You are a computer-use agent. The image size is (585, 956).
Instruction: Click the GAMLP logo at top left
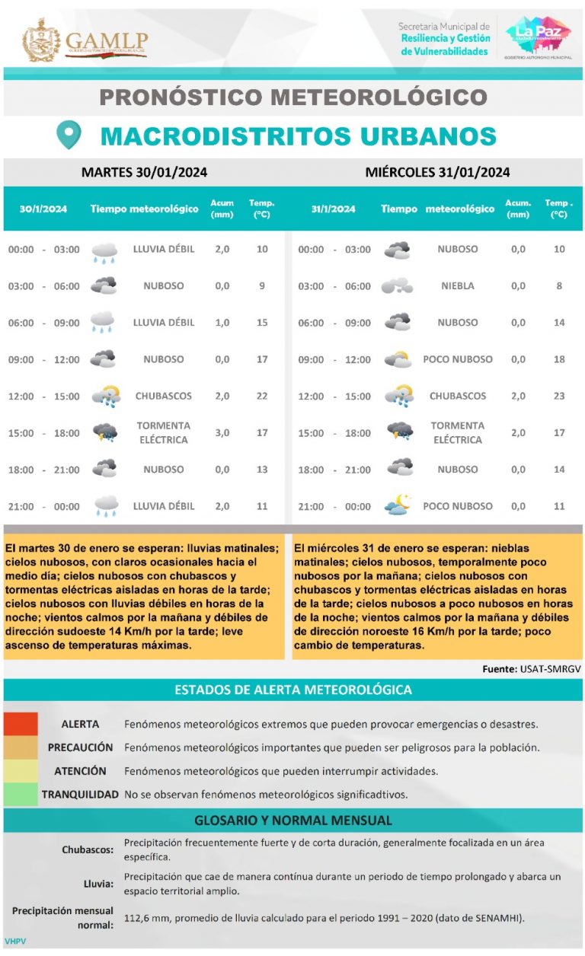click(85, 40)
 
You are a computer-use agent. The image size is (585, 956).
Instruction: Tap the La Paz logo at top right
click(538, 37)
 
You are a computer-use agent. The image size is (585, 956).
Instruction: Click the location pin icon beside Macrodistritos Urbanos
click(69, 135)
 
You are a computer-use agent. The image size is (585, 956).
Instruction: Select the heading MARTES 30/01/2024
click(144, 173)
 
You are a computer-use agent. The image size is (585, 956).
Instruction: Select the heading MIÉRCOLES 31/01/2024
click(437, 173)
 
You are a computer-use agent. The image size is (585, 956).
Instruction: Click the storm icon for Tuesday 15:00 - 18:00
click(104, 432)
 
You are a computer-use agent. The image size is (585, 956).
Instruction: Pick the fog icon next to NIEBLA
click(398, 286)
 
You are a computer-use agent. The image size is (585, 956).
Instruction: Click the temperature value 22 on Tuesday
click(261, 396)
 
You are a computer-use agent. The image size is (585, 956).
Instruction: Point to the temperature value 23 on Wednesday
click(559, 396)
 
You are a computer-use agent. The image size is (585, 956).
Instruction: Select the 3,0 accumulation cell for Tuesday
click(222, 432)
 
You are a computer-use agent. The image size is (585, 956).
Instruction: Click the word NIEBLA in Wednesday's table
click(457, 286)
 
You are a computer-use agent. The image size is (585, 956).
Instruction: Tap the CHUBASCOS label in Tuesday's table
click(163, 396)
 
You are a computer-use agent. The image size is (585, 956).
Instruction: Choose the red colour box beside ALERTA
click(20, 723)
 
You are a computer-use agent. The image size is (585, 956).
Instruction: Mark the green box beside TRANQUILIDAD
click(20, 794)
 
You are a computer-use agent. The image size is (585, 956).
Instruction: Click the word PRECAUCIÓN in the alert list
click(80, 747)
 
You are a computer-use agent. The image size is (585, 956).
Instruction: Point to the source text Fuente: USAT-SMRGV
click(532, 669)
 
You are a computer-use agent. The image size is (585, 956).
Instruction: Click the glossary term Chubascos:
click(88, 849)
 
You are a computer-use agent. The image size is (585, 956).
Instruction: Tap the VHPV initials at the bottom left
click(15, 942)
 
